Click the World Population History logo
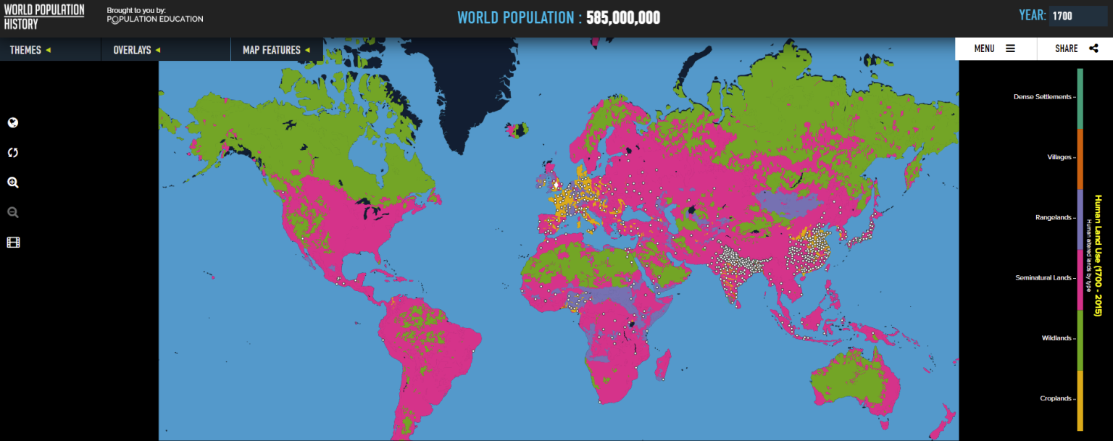(44, 17)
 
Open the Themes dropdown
(30, 50)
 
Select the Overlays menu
(136, 50)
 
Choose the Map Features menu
(276, 50)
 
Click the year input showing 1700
(1077, 16)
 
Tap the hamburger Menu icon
(1010, 49)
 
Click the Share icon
(1093, 49)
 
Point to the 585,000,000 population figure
(622, 17)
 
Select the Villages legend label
(1059, 157)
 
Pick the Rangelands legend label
(1052, 217)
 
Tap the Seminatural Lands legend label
(1043, 277)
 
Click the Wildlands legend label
(1056, 338)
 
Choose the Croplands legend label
(1055, 398)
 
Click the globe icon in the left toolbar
(13, 122)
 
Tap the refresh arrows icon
(13, 153)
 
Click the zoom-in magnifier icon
(13, 182)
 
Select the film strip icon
(13, 243)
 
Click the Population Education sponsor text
(155, 19)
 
